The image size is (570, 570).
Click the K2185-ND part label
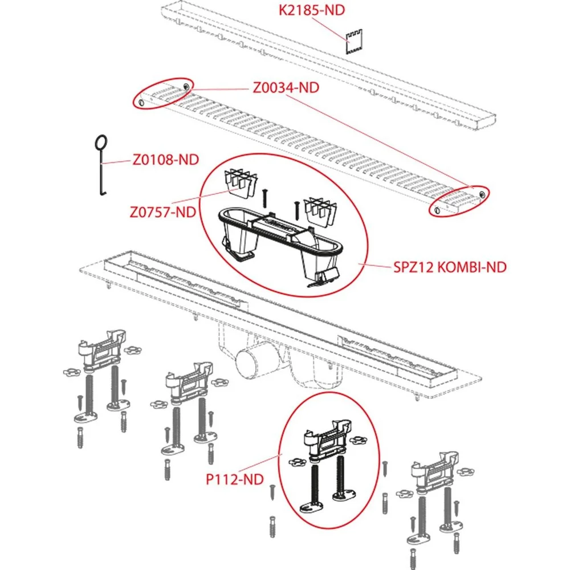pyautogui.click(x=312, y=10)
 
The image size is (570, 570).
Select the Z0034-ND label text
pyautogui.click(x=286, y=88)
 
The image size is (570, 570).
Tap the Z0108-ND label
pyautogui.click(x=166, y=160)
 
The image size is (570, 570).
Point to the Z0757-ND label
pyautogui.click(x=163, y=212)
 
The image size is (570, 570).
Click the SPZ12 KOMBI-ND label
pyautogui.click(x=450, y=267)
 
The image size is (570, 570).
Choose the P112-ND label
pyautogui.click(x=234, y=479)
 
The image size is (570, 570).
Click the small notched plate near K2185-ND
pyautogui.click(x=354, y=42)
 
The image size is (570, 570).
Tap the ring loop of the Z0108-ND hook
pyautogui.click(x=101, y=142)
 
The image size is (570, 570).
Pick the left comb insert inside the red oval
pyautogui.click(x=241, y=184)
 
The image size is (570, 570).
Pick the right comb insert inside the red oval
pyautogui.click(x=320, y=211)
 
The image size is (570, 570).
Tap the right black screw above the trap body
pyautogui.click(x=297, y=211)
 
